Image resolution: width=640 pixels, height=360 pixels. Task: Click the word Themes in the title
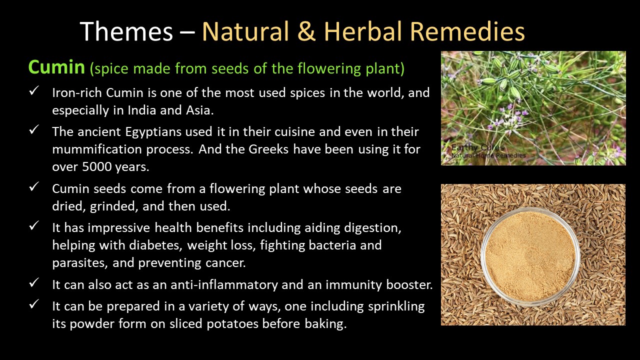click(126, 31)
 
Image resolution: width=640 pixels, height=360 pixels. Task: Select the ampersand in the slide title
click(306, 31)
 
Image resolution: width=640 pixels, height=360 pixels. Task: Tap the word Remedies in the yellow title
click(467, 31)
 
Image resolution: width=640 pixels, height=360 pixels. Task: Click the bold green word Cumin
click(56, 67)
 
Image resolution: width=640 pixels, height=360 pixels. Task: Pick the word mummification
click(97, 149)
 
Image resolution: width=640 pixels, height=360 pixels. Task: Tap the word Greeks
click(268, 149)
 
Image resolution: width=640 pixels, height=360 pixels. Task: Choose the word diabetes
click(155, 245)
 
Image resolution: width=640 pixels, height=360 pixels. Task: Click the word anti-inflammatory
click(224, 284)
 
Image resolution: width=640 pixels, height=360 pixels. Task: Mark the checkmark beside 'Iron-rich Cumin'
click(34, 91)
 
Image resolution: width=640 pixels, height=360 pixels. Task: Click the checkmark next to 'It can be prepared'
click(34, 304)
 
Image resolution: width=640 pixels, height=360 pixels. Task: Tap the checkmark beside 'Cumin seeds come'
click(34, 187)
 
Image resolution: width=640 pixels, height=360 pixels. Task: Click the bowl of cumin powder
click(530, 256)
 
